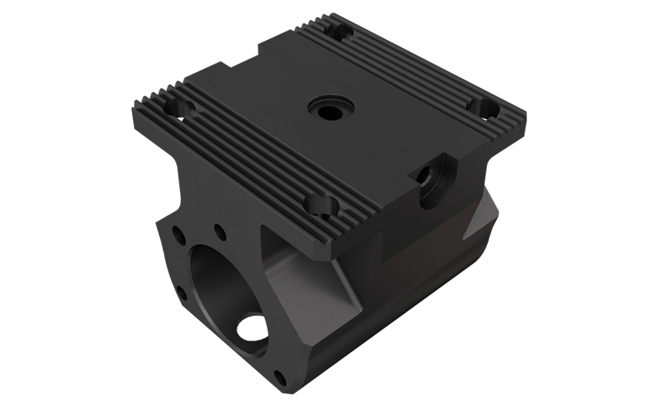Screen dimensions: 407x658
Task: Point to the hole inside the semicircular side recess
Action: (430, 176)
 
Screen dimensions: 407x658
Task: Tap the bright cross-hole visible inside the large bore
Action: (252, 327)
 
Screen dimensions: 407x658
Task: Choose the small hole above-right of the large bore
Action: (220, 232)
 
